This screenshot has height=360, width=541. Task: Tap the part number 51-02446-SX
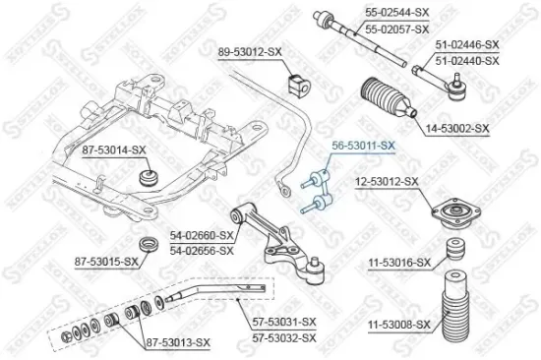pos(467,45)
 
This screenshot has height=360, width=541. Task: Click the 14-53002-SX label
pos(458,128)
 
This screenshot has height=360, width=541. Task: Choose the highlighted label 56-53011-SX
pos(364,145)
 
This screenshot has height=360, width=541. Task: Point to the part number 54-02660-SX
pos(202,236)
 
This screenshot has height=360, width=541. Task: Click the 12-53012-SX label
pos(387,182)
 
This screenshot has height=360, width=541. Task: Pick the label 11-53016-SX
pos(400,263)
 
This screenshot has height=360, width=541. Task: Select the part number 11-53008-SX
pos(400,324)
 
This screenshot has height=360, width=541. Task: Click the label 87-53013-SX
pos(178,341)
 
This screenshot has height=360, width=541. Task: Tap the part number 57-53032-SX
pos(282,336)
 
